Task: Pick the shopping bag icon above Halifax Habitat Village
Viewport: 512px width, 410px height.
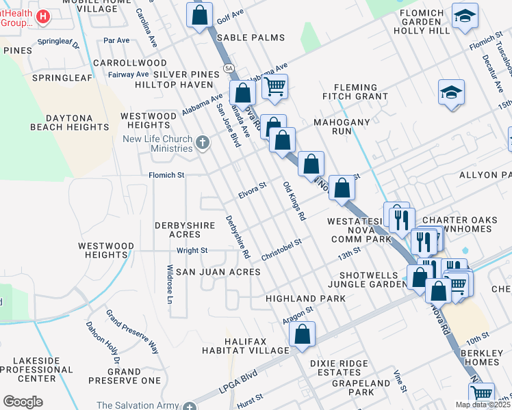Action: (302, 335)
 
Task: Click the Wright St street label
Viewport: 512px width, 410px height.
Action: (192, 251)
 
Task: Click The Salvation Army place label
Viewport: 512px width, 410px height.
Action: (137, 405)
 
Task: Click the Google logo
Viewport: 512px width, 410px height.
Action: (23, 401)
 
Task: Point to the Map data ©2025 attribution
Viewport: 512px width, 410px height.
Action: (482, 405)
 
